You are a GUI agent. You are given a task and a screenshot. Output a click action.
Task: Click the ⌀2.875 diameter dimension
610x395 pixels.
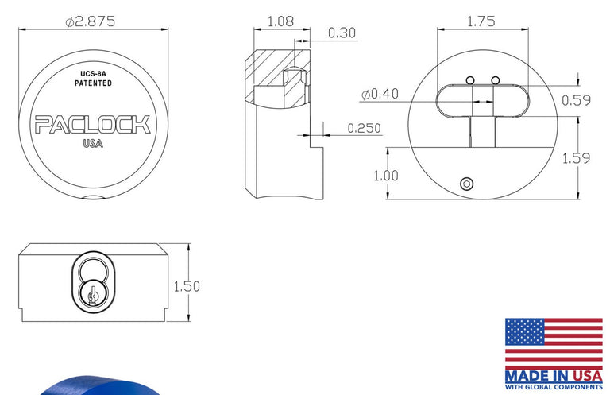(91, 21)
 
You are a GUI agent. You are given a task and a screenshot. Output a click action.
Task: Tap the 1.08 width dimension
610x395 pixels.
(281, 21)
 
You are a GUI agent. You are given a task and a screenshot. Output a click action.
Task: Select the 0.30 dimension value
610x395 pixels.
(342, 33)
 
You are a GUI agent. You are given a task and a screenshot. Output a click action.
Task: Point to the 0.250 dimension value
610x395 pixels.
(364, 128)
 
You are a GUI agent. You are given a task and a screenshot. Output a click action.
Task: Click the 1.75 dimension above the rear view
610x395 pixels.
(481, 21)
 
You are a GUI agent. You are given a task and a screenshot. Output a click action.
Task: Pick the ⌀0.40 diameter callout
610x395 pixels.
(380, 94)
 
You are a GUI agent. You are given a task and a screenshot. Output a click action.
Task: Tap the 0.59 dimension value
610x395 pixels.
(576, 100)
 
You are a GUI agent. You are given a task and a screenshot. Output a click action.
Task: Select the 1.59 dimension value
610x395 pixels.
(576, 158)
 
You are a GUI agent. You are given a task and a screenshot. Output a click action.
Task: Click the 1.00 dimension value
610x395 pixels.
(386, 176)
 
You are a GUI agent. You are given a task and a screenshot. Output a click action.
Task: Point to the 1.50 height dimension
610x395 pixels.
(187, 286)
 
